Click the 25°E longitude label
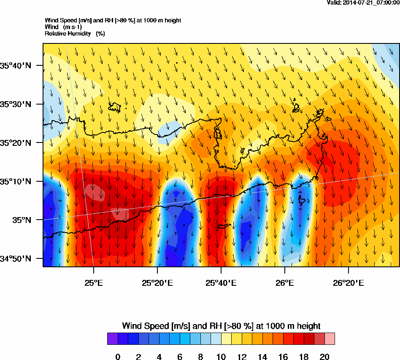pos(93,282)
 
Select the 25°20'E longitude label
pos(157,282)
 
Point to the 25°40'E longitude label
pos(221,282)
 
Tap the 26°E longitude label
pos(285,282)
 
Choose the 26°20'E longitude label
pos(348,282)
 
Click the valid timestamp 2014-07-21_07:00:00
pos(363,3)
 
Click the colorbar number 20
pos(324,357)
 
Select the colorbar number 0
pos(118,357)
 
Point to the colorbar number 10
pos(221,357)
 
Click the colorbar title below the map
pos(221,326)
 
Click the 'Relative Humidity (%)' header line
pos(75,33)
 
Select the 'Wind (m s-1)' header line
pos(63,27)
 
